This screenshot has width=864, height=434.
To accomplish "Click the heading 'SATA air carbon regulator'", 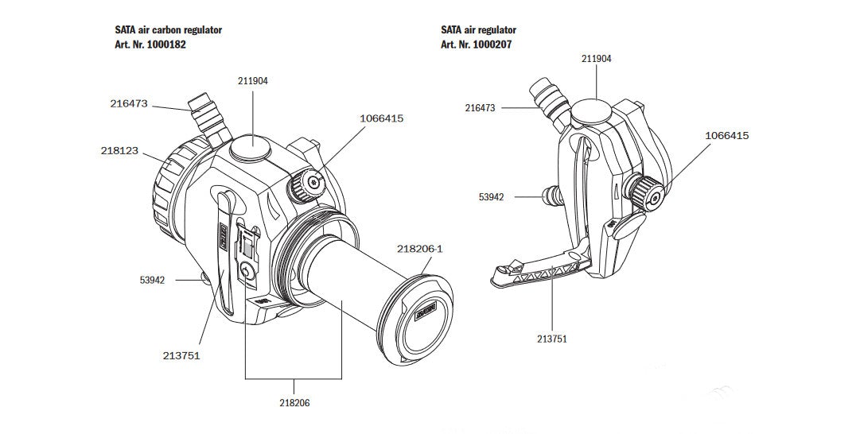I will pos(168,29).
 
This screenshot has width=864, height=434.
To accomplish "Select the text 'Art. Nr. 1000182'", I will pos(150,45).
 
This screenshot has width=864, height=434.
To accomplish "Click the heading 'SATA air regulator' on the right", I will pos(478,29).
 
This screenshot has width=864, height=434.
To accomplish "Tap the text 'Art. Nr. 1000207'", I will pos(476,45).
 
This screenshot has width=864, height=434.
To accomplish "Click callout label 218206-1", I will pos(419,249).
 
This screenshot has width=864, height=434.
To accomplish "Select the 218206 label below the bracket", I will pos(294,403).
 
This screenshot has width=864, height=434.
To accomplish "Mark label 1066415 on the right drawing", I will pos(726,135).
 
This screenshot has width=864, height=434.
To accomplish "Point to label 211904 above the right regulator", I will pos(597,59).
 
